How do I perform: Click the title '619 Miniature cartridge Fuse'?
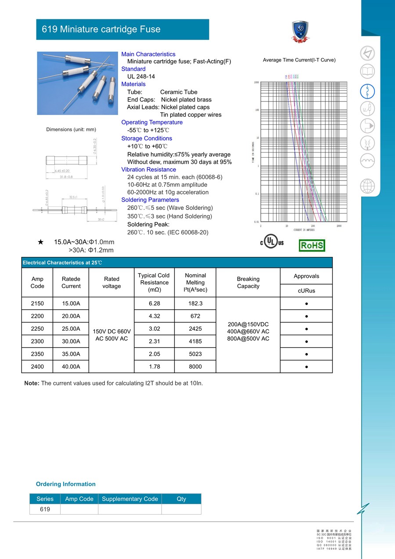coord(101,29)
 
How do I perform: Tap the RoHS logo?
coord(312,245)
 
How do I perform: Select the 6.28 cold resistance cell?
coord(154,303)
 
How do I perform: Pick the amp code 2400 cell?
coord(37,367)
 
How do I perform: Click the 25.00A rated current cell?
coord(71,329)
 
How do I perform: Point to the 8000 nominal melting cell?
coord(195,367)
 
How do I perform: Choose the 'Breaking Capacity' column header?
coord(248,282)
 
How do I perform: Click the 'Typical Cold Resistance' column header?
coord(154,282)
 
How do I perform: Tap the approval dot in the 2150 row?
coord(306,303)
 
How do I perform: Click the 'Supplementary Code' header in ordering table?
coord(130,499)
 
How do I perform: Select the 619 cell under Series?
coord(45,509)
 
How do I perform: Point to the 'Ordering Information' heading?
coord(66,484)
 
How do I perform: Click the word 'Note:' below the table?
coord(32,383)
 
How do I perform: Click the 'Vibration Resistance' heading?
coord(149,170)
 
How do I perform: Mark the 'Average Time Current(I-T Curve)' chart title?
coord(299,60)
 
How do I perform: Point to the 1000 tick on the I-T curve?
coord(256,83)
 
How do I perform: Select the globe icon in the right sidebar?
coord(367,186)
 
